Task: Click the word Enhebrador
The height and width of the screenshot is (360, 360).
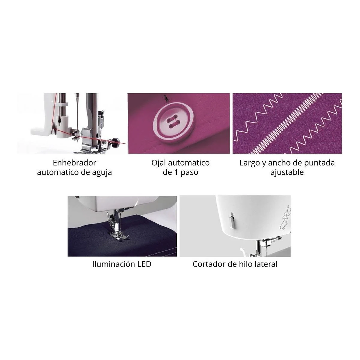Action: click(x=75, y=163)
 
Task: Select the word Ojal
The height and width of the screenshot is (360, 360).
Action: click(x=159, y=163)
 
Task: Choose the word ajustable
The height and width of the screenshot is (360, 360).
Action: click(x=287, y=172)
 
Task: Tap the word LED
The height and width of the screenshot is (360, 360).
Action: click(x=144, y=264)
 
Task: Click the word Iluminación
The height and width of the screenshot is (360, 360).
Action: click(x=114, y=264)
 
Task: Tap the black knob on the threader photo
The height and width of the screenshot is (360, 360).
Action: click(x=116, y=140)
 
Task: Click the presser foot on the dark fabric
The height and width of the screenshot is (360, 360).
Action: click(x=117, y=235)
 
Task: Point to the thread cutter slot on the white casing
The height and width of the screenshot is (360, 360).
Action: click(x=233, y=220)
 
